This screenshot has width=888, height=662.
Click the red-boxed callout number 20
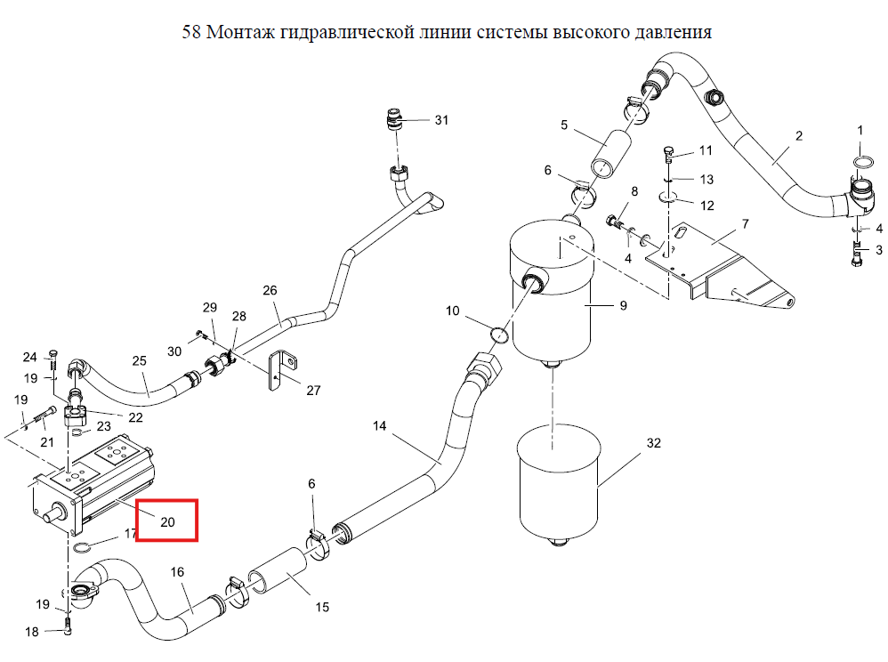tap(167, 522)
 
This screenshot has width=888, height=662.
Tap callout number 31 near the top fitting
tap(441, 120)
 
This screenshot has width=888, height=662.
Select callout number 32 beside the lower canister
tap(653, 443)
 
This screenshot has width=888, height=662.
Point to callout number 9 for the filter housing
tap(624, 306)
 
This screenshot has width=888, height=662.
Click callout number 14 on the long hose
tap(379, 425)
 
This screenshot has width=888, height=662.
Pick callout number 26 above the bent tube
tap(270, 290)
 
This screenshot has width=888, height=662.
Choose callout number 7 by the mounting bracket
tap(746, 224)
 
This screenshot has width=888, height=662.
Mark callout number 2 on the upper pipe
tap(798, 136)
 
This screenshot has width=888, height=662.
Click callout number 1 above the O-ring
tap(860, 131)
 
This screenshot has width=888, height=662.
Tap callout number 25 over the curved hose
tap(140, 360)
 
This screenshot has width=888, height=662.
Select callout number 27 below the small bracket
tap(313, 391)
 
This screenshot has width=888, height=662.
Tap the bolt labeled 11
tap(669, 153)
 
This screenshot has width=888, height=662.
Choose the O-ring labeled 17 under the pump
tap(83, 547)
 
